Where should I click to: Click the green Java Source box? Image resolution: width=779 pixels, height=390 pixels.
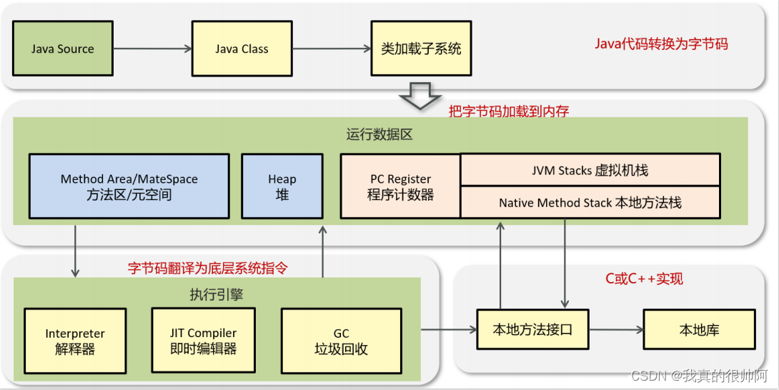pos(63,49)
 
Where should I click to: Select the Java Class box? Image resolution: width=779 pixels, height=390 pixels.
pos(242,49)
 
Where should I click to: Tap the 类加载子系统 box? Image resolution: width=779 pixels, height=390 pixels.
pos(421,49)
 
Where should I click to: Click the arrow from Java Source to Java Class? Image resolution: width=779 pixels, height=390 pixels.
pos(152,49)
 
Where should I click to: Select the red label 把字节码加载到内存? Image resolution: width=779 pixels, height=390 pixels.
pos(508,111)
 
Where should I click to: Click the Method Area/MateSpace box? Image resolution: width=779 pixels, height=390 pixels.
pos(129,186)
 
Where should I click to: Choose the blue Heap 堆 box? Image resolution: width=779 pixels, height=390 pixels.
pos(282,186)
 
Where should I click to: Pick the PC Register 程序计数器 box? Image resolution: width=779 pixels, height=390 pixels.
pos(400,186)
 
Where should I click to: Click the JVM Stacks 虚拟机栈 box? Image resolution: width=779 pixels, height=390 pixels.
pos(590,171)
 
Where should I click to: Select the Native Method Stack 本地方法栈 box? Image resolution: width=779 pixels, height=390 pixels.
pos(590,203)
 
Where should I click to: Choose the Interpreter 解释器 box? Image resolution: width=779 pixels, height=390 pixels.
pos(75,341)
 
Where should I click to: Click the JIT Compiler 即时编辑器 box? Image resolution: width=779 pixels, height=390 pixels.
pos(203,341)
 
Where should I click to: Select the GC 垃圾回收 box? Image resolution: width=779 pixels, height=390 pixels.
pos(341,341)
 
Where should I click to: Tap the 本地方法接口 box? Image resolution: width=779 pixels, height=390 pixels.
pos(532,330)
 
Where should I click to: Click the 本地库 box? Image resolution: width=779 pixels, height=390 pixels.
pos(699,330)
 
